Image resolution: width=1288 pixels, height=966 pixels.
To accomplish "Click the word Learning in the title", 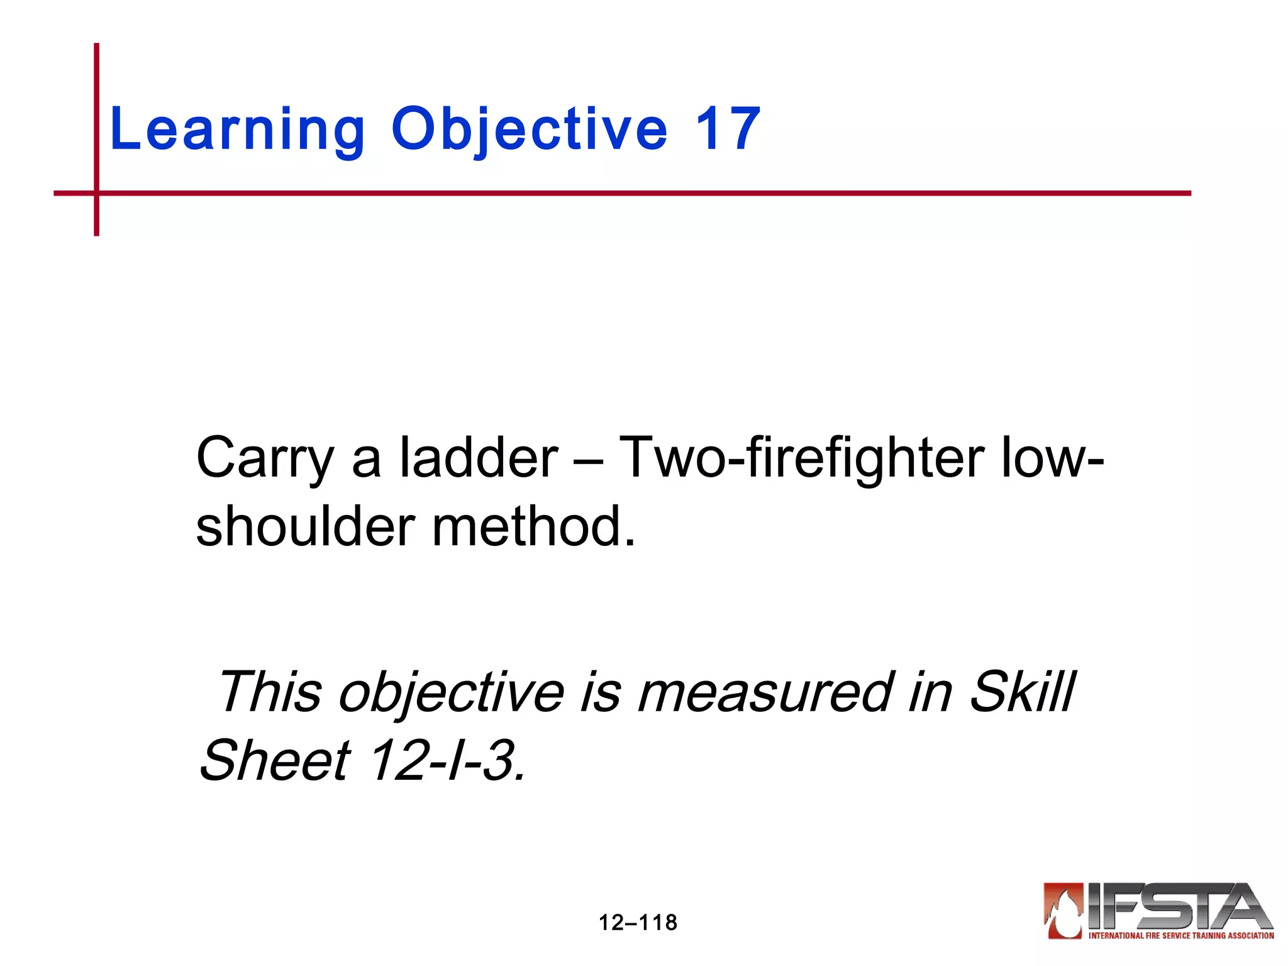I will pos(237,130).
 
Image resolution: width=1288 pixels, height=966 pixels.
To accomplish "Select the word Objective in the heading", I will pos(529,130).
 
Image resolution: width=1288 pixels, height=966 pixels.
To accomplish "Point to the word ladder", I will pos(479,457).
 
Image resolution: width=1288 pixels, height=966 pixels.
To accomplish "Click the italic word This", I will pos(270,692).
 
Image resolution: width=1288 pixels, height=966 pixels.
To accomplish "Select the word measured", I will pos(765,692).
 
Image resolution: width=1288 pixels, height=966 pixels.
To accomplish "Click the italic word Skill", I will pos(1022,692).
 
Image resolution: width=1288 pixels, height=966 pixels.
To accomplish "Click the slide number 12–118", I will pos(638,923).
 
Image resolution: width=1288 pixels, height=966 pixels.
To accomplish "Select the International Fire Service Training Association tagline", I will pos(1181,936).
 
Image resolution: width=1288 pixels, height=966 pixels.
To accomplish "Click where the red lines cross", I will pos(97,193).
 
